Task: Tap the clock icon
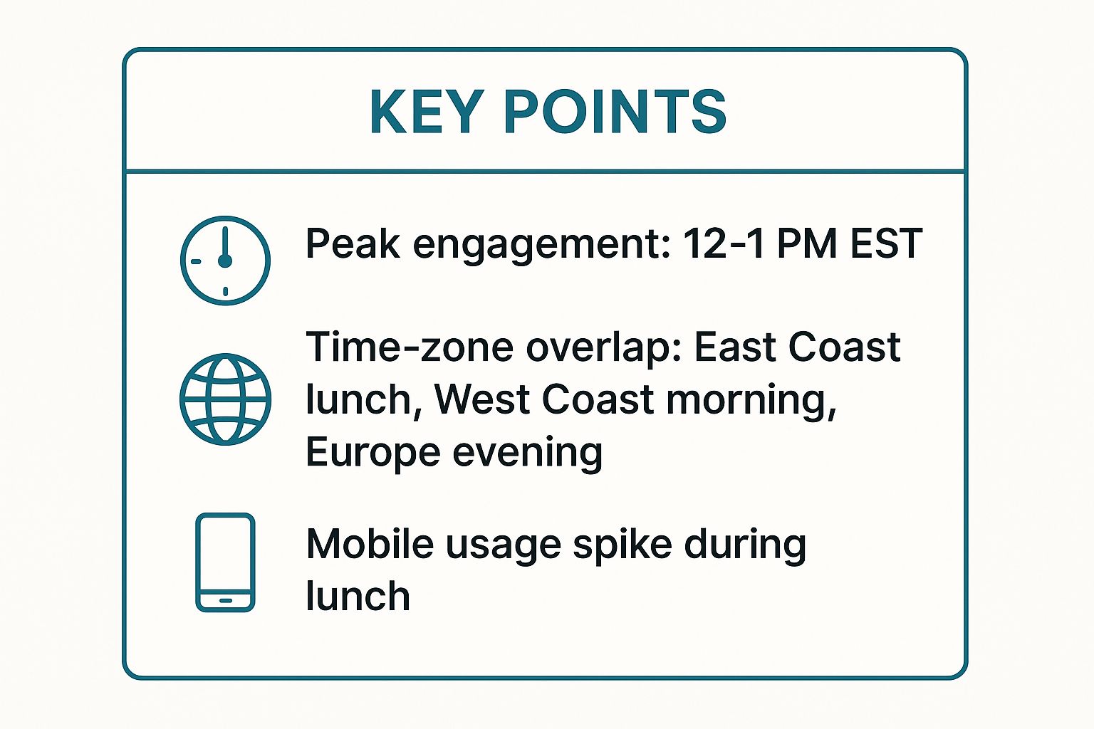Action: (x=225, y=261)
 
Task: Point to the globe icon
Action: (x=225, y=399)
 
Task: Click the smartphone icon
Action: (x=225, y=562)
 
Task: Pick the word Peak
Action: (x=353, y=243)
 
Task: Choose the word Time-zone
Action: (x=410, y=347)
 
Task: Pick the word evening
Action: (x=528, y=455)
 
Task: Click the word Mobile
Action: (x=370, y=544)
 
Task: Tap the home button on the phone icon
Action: (x=226, y=601)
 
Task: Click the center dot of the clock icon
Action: (x=224, y=261)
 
